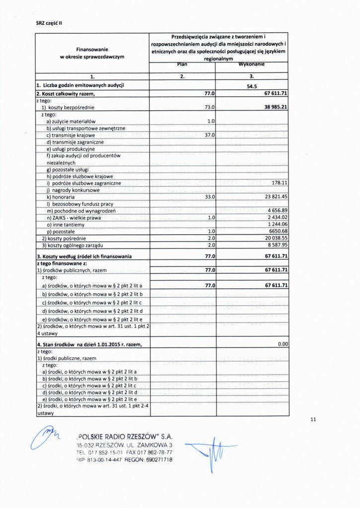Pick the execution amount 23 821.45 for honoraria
coord(277,197)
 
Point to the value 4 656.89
coord(278,211)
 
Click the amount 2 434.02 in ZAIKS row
coord(278,218)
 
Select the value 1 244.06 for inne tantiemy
coord(278,225)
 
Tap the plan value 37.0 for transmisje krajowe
coord(210,135)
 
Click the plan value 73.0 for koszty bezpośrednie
coord(210,107)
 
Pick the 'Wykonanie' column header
coord(252,64)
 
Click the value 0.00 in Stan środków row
coord(283,344)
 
